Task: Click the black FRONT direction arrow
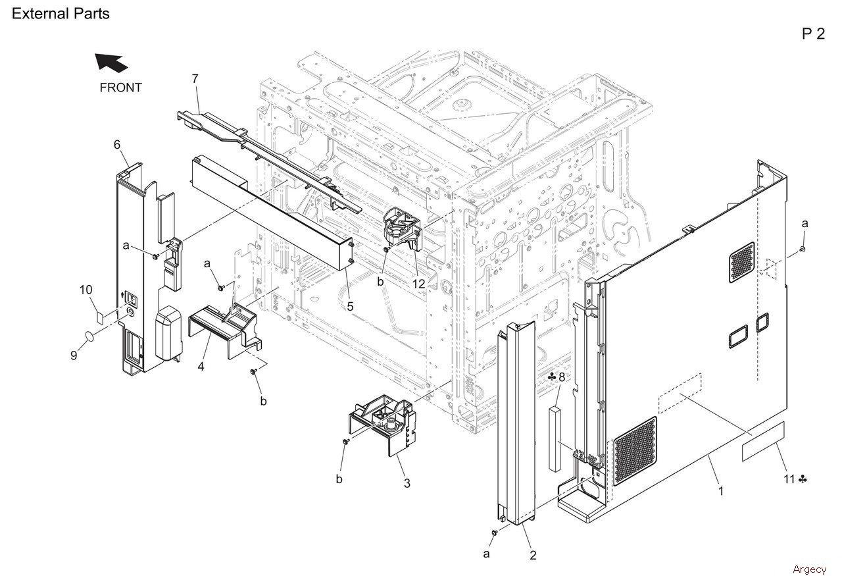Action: [111, 63]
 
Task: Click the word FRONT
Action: [120, 88]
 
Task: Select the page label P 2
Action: [813, 34]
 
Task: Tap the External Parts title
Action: [61, 13]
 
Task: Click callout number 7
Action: [195, 79]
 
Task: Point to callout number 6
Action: [117, 144]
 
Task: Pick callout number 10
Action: [86, 290]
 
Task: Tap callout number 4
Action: [201, 366]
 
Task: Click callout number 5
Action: [350, 306]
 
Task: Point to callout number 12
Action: [418, 284]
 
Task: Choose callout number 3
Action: [407, 484]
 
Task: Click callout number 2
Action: [533, 555]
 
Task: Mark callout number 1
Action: [721, 490]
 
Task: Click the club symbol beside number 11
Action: [803, 479]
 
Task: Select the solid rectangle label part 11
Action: [764, 452]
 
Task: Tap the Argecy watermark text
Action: [809, 569]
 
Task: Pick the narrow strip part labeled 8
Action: [554, 439]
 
